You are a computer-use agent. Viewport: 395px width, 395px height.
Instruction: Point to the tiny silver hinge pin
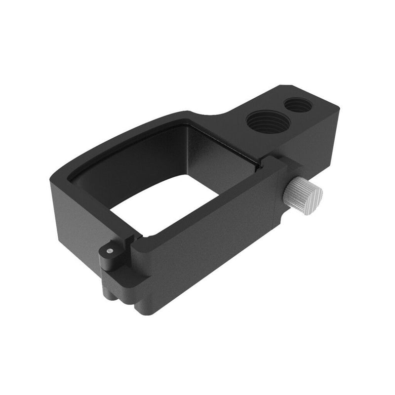point(109,251)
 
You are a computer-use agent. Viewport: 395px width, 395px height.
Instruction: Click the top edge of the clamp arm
point(207,207)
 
